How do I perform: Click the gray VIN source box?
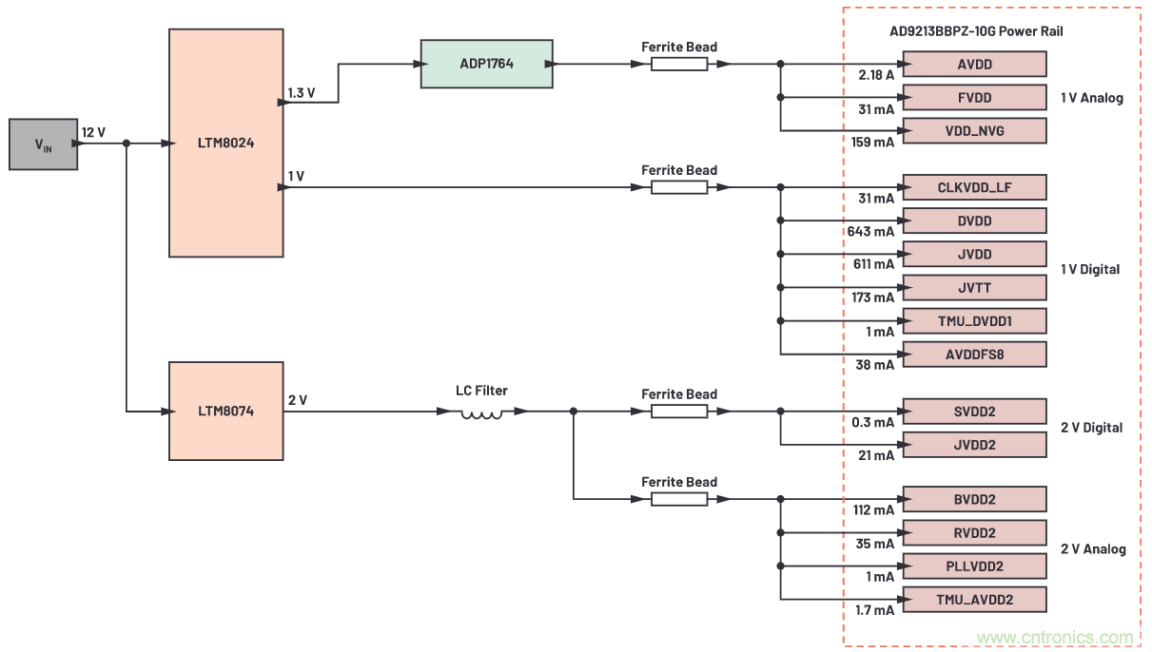43,144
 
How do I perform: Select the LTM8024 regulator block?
225,143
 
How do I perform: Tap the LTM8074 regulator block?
225,411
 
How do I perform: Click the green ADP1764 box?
486,64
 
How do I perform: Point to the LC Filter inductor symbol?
482,412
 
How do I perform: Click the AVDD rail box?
974,64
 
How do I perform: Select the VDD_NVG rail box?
974,130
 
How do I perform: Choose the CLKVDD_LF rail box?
974,187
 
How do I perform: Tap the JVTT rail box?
974,287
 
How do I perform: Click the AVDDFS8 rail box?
974,354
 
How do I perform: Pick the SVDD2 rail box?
974,412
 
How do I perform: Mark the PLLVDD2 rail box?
974,566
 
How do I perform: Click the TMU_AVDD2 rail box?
974,599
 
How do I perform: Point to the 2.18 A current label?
875,74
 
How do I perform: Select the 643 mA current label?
870,231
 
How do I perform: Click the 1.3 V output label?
302,92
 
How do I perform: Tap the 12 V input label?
94,132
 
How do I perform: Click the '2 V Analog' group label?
1093,549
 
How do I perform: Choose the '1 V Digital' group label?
1090,270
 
